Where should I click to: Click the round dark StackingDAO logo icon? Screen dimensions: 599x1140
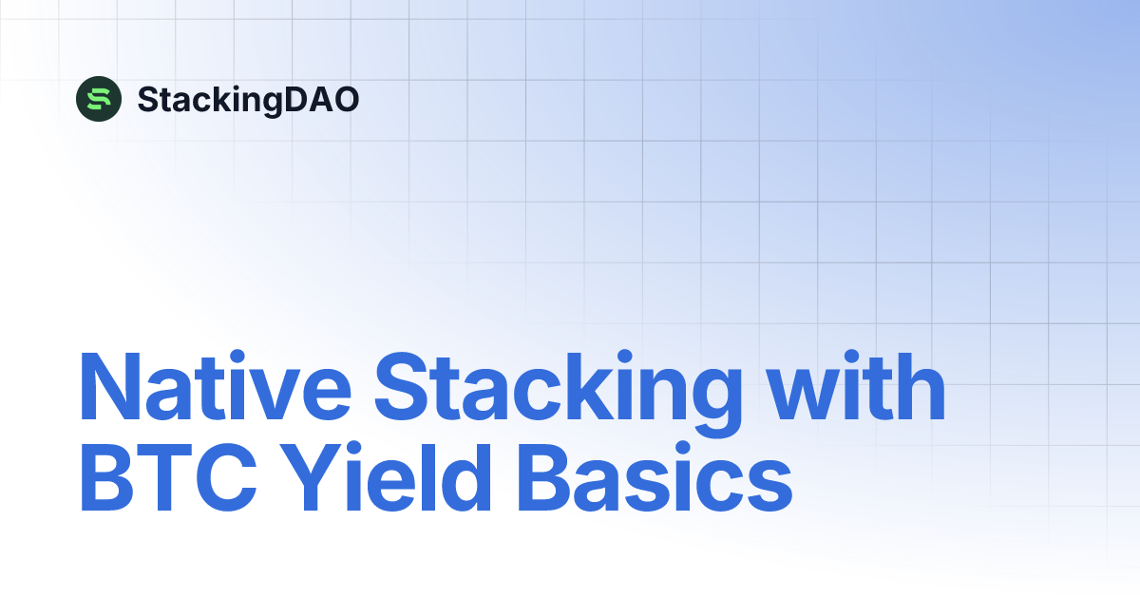(99, 98)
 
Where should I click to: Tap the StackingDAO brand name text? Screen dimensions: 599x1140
(248, 99)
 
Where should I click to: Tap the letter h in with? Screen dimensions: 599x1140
(916, 389)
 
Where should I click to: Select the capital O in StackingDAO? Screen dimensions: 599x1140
(343, 99)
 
